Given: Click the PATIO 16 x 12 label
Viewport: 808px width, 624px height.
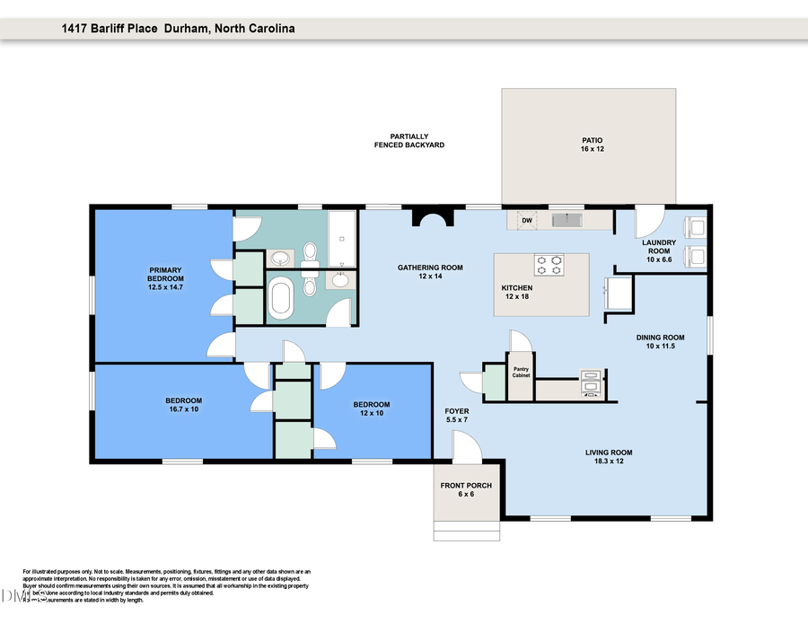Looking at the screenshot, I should point(591,145).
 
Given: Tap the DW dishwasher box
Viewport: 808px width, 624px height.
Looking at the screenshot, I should point(527,220).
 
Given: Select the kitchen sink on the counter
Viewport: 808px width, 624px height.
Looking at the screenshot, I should point(566,220).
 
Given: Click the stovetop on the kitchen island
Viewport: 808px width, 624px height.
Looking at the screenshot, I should point(549,265).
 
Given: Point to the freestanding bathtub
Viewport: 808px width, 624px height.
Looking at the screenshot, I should point(281,297).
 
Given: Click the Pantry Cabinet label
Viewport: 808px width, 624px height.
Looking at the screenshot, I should point(521,372).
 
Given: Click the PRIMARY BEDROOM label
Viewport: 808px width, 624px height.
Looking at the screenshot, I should point(165,278).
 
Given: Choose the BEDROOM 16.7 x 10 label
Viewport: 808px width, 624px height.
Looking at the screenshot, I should point(183,405).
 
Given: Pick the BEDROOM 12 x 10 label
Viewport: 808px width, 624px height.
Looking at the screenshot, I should point(371,409).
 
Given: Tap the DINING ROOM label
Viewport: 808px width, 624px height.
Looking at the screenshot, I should point(654,341).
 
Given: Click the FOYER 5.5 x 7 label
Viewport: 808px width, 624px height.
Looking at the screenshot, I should point(456,416).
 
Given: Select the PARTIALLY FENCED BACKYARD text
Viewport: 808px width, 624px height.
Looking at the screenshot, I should point(408,141).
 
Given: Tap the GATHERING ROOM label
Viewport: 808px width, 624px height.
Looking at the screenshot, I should point(430,271).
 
